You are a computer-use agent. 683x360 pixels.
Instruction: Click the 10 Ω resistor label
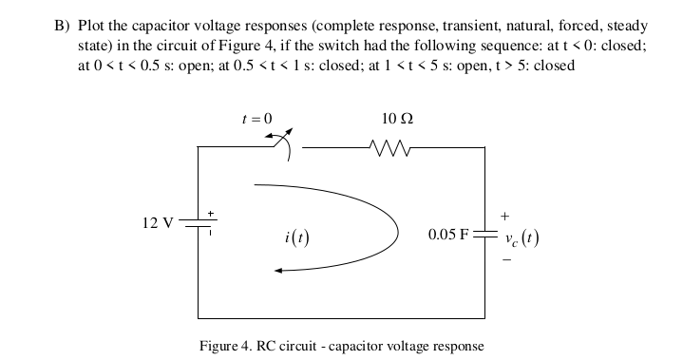tap(395, 119)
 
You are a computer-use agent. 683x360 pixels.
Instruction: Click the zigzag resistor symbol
tap(389, 147)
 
